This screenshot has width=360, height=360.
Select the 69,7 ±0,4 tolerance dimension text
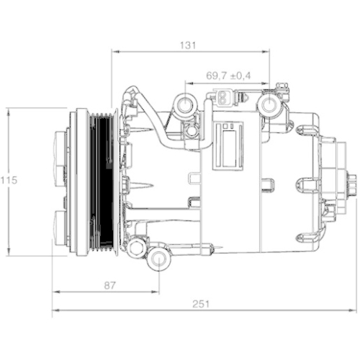(228, 75)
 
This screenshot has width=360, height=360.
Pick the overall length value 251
(202, 304)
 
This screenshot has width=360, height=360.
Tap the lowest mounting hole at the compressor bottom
(158, 258)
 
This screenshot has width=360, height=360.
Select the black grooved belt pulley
(105, 181)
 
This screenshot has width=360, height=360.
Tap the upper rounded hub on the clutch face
(60, 156)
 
